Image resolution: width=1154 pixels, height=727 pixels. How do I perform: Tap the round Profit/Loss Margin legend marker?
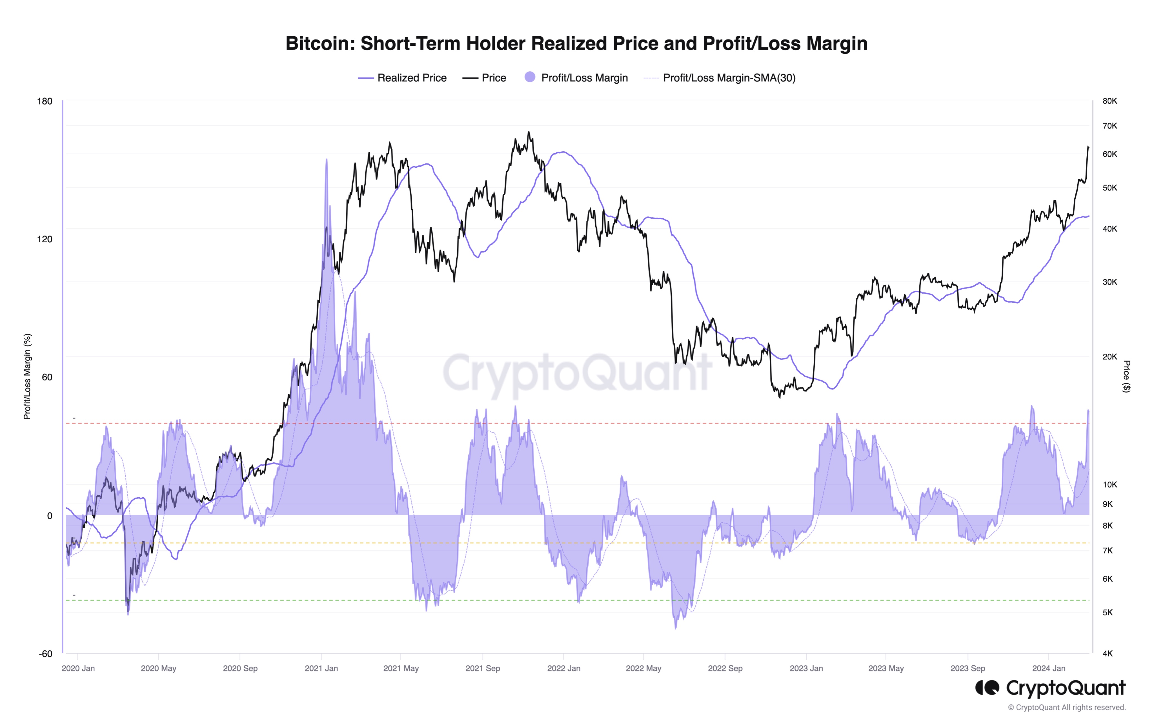(530, 77)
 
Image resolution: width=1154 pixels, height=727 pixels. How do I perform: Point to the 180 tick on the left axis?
(45, 101)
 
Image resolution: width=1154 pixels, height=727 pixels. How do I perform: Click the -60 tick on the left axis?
(46, 654)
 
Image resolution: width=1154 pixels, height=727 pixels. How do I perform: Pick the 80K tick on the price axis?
(1109, 101)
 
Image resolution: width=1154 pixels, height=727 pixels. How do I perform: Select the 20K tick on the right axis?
(1109, 356)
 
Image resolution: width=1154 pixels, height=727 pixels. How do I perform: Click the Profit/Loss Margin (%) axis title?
(27, 377)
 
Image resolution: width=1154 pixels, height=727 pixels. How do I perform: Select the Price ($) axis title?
(1127, 377)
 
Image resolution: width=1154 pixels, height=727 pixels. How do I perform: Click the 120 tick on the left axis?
(45, 239)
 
